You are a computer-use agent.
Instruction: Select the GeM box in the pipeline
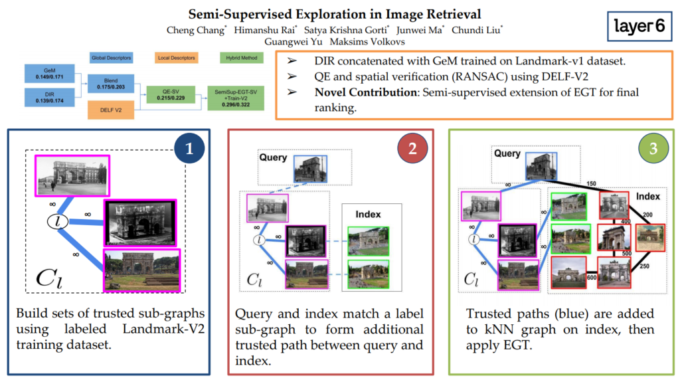point(50,73)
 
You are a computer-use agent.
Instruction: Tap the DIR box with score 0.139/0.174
point(50,98)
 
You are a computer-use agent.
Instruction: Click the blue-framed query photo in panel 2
point(311,169)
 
